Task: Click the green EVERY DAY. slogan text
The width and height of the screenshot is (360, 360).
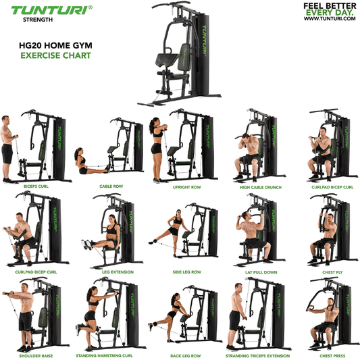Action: [x=330, y=12]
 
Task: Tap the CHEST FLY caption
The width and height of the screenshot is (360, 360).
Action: [x=332, y=272]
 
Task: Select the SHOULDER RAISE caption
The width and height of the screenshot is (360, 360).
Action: [x=38, y=355]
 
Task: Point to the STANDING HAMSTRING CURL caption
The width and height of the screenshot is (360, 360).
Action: [x=108, y=355]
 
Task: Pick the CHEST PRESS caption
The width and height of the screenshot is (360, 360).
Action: [x=332, y=355]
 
